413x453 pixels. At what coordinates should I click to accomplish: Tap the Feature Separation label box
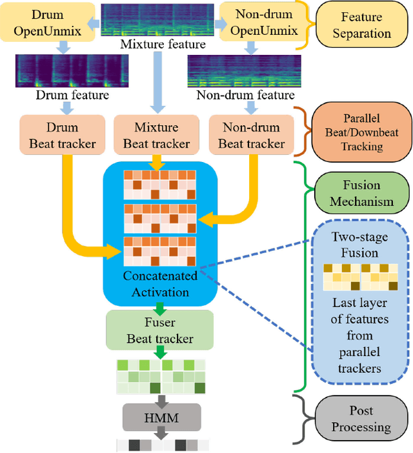[x=362, y=25]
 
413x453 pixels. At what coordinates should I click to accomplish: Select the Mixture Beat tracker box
[x=156, y=136]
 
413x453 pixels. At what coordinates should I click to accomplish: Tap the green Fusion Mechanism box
[x=361, y=193]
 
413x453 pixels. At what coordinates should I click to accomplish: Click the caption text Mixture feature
[x=163, y=45]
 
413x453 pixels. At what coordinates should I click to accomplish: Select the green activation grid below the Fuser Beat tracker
[x=161, y=377]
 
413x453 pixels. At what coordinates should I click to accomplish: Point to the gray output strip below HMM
[x=163, y=445]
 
